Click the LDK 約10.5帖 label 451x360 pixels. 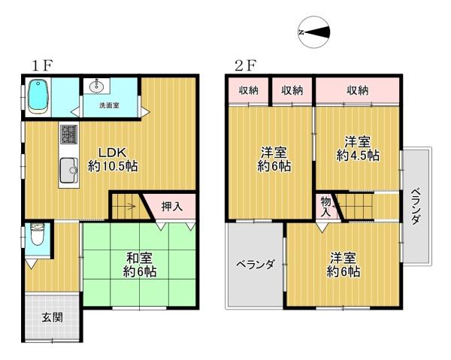pos(112,159)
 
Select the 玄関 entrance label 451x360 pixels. pos(52,316)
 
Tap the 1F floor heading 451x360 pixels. pos(41,65)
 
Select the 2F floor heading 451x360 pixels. pos(245,65)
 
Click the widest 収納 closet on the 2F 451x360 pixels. pos(358,90)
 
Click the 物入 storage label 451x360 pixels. pos(325,206)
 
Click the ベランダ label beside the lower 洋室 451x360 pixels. pos(255,265)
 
